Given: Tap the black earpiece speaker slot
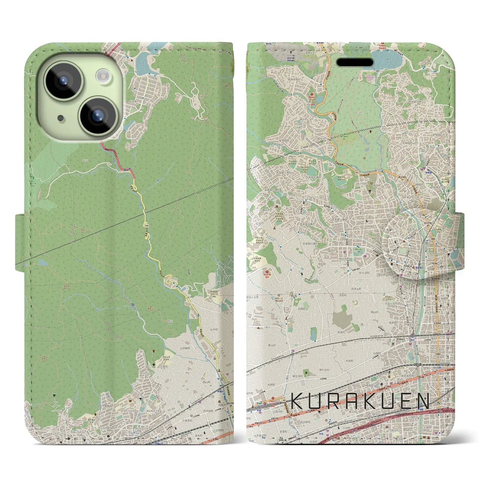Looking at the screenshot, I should [x=354, y=62].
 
